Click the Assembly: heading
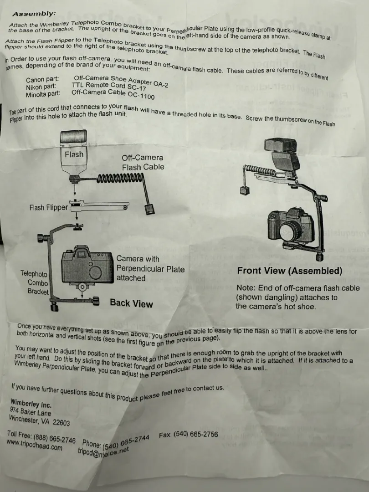[34, 14]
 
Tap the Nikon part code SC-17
[138, 87]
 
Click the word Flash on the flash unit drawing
[74, 154]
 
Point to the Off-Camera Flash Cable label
[143, 163]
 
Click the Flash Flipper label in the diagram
[49, 207]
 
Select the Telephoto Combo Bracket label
[35, 282]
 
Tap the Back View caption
[132, 303]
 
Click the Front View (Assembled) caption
[290, 271]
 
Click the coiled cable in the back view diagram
[120, 179]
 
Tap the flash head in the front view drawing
[280, 145]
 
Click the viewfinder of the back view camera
[82, 253]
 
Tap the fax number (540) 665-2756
[195, 434]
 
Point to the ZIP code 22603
[61, 422]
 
